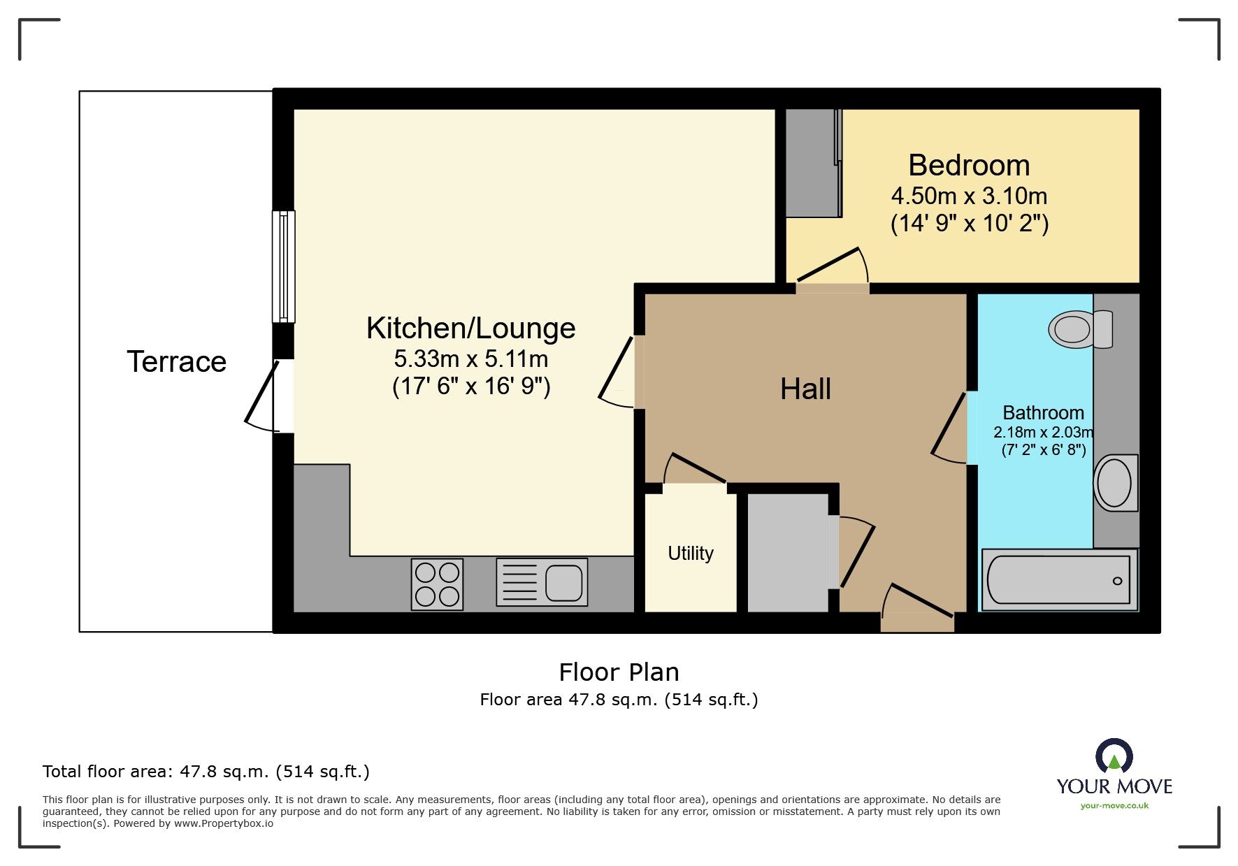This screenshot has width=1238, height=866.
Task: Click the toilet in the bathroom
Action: pos(1080,329)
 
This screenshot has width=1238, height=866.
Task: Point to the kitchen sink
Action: pos(542,582)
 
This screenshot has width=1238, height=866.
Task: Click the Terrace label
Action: pos(177,362)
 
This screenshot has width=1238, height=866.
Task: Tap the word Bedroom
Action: pos(969,166)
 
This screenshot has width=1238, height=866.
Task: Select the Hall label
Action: pos(805,389)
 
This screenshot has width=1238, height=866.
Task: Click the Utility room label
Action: pos(691,554)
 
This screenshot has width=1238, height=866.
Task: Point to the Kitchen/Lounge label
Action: pos(471,328)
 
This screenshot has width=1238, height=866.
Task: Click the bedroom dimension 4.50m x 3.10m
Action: pos(969,196)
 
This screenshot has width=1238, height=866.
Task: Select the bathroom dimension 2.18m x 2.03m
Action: pos(1044,433)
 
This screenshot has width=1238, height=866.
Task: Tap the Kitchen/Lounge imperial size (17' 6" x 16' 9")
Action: pos(471,386)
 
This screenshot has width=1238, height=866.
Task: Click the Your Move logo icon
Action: pos(1114,757)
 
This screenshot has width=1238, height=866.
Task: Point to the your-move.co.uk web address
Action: pos(1114,806)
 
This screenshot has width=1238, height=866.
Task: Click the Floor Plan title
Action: pos(619,672)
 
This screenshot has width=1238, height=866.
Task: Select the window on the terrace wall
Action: pos(283,266)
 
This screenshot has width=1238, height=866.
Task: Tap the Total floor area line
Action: pos(206,772)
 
